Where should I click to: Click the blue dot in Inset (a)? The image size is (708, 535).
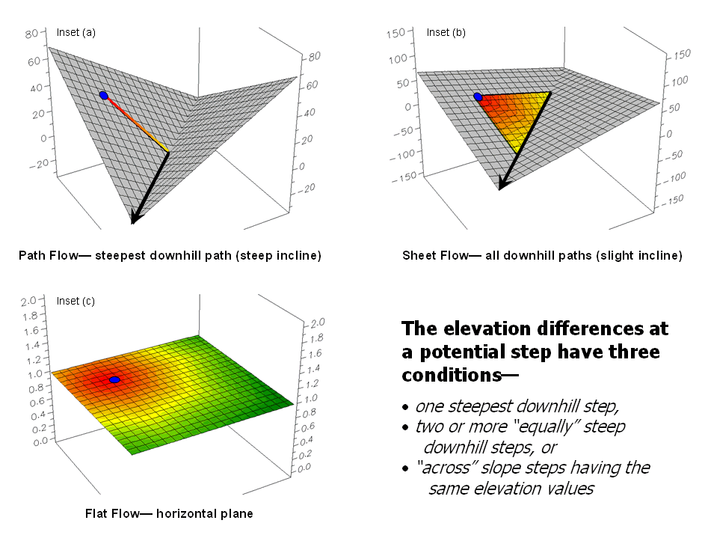[x=103, y=95]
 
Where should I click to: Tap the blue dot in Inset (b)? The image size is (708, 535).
[x=478, y=97]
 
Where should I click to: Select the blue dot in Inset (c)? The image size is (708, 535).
[x=114, y=380]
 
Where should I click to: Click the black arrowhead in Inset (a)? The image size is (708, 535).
[x=135, y=218]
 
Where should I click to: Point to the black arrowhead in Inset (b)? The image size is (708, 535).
[x=502, y=185]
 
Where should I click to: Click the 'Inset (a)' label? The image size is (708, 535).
[x=76, y=32]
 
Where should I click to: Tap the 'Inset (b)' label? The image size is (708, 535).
[x=446, y=32]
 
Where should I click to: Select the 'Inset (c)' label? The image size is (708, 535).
[x=76, y=302]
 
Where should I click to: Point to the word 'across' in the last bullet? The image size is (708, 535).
[x=446, y=468]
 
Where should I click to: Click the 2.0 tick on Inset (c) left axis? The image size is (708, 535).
[x=28, y=300]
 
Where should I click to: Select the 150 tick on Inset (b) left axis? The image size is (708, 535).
[x=395, y=32]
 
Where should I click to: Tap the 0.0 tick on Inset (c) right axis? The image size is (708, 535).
[x=305, y=468]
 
